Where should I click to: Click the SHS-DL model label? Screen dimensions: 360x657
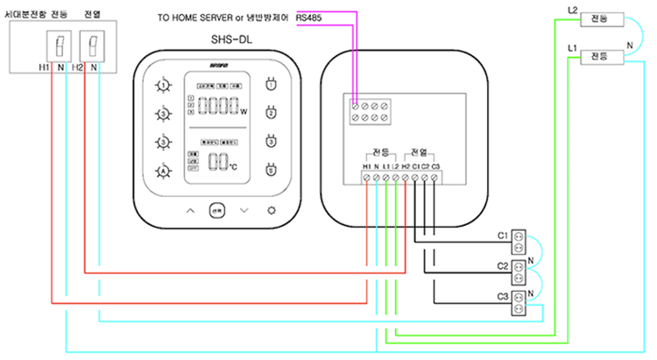click(x=230, y=39)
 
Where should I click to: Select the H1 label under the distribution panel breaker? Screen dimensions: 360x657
click(x=44, y=67)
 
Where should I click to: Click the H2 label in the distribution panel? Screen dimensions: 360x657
click(x=78, y=67)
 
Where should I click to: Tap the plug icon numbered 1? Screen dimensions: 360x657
click(x=271, y=85)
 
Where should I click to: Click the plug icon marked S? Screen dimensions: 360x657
click(x=271, y=170)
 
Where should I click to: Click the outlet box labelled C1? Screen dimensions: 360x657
click(x=521, y=237)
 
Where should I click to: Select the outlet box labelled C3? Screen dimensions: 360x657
click(x=521, y=297)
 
